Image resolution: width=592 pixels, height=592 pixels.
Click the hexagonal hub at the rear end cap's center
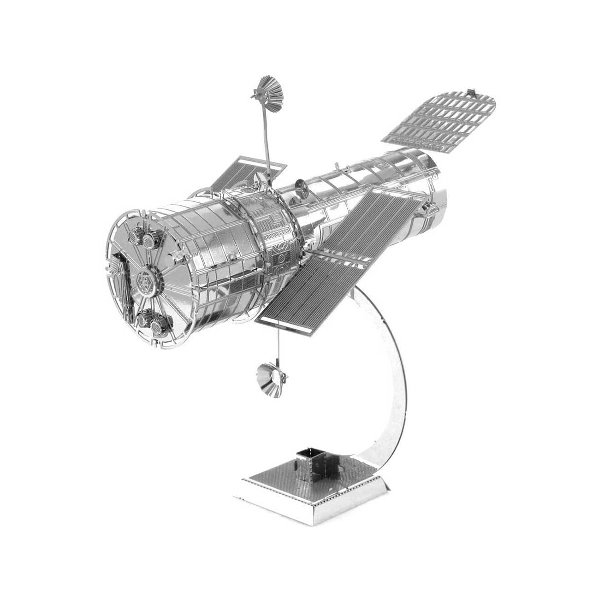point(147,282)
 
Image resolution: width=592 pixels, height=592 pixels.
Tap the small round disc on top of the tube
point(300,186)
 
